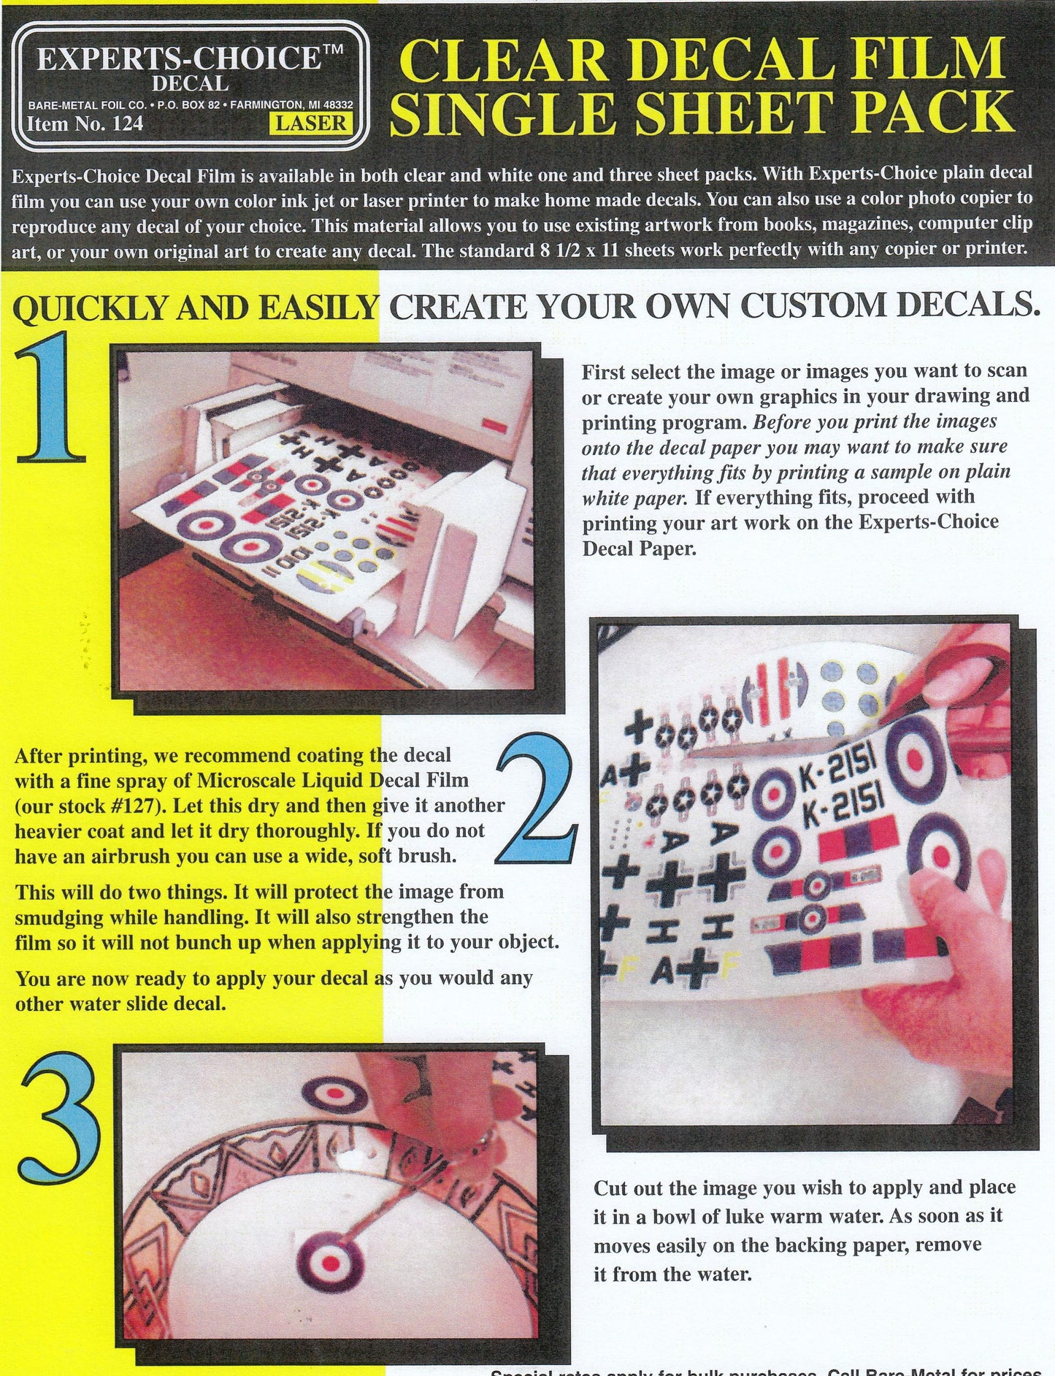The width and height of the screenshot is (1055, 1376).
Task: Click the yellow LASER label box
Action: pos(310,123)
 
